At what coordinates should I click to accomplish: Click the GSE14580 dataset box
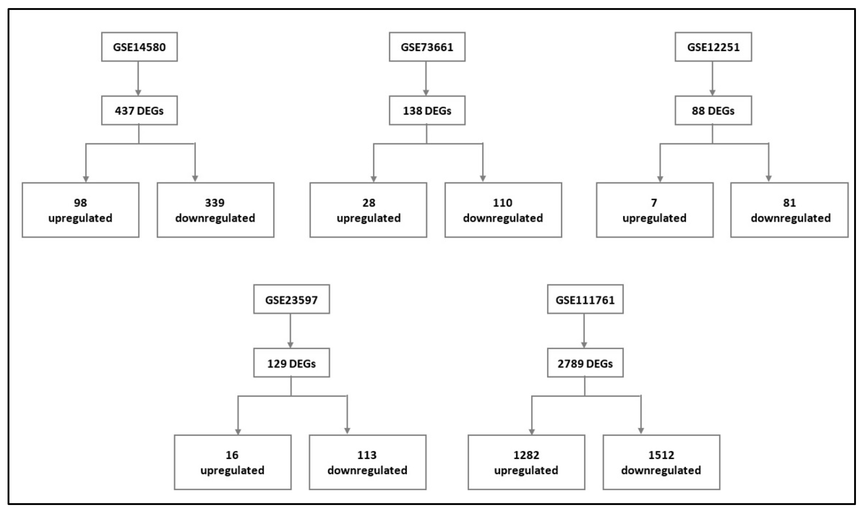[139, 47]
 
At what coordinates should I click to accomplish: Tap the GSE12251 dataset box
[713, 47]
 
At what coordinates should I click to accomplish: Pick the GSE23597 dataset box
[291, 299]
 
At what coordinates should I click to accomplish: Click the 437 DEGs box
[139, 110]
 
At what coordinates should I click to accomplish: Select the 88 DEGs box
[713, 110]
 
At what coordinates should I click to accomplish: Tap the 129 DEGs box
[291, 363]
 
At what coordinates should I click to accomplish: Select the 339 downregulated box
[216, 210]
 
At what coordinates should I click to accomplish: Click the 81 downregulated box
[789, 210]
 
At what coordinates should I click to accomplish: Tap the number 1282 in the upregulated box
[526, 455]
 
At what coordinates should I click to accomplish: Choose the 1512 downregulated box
[661, 462]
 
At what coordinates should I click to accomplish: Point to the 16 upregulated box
[232, 462]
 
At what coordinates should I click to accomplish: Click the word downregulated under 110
[503, 218]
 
